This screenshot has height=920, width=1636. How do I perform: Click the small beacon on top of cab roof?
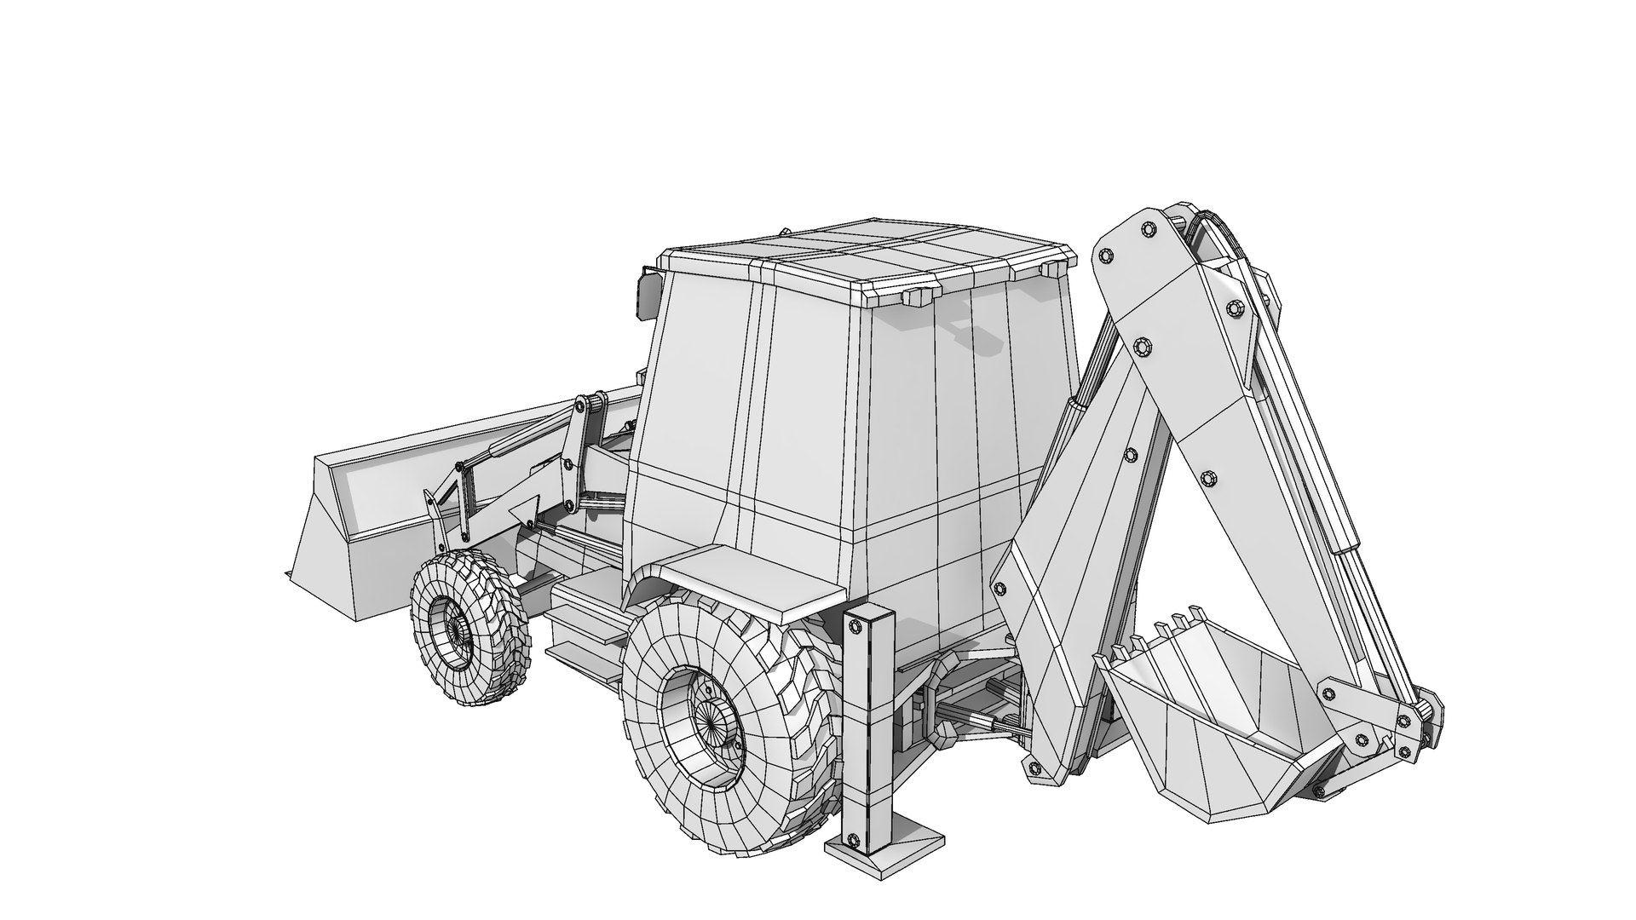coord(784,231)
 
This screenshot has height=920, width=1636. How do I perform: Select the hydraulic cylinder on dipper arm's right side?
coord(1329,477)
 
